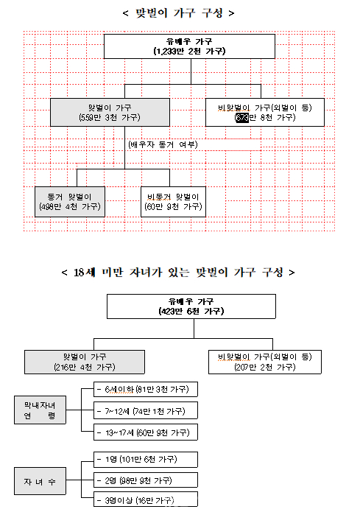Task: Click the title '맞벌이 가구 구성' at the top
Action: (180, 13)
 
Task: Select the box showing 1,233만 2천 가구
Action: (189, 46)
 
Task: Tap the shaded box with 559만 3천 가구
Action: (110, 112)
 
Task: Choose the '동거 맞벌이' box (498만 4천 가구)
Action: (69, 202)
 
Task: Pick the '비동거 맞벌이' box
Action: (173, 202)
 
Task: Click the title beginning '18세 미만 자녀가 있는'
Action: (179, 272)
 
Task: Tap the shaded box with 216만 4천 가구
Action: (84, 361)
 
